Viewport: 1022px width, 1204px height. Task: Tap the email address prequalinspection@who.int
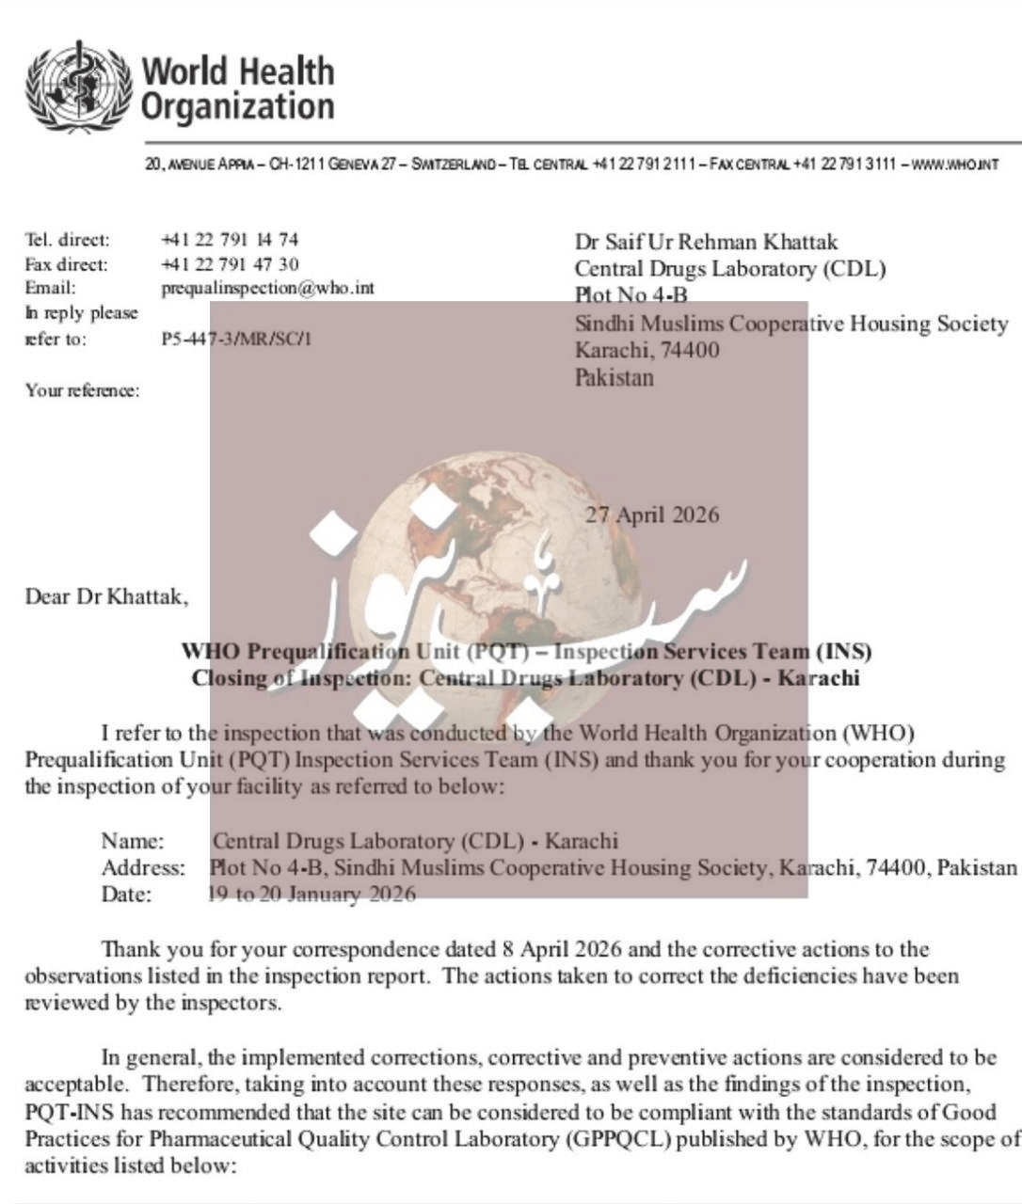tap(267, 289)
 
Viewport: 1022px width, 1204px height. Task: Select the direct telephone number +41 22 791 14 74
tap(230, 240)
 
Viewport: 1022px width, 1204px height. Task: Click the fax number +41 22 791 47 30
tap(230, 264)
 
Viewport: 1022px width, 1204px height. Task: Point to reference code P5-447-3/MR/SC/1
tap(235, 339)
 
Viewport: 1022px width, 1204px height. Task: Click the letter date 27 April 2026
tap(652, 515)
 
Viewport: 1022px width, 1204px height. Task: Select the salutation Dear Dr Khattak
tap(106, 596)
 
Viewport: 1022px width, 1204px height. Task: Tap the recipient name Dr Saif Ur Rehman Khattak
tap(706, 242)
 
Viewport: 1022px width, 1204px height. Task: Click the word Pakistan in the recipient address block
tap(614, 377)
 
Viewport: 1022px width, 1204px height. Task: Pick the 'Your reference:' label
tap(83, 390)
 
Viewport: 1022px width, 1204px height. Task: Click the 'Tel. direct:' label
tap(67, 240)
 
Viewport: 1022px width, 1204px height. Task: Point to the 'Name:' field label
tap(133, 841)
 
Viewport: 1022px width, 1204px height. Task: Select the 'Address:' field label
tap(143, 867)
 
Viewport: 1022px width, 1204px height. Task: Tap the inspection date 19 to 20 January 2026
tap(311, 894)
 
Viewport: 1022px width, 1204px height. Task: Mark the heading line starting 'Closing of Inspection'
tap(525, 678)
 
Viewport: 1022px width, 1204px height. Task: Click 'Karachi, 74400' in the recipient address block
tap(647, 350)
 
